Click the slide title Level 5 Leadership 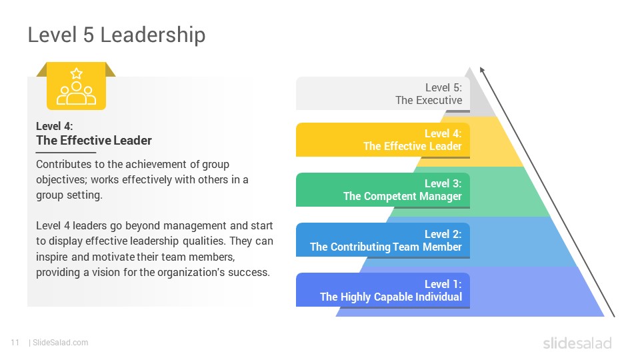[117, 35]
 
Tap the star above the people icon [76, 73]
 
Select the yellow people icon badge [76, 86]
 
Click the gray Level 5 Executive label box [383, 94]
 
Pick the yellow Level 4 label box [383, 140]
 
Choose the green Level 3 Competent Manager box [383, 190]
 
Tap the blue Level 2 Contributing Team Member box [383, 241]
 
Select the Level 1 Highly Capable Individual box [383, 290]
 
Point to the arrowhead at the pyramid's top [482, 70]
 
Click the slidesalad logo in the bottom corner [577, 343]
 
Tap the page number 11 [15, 343]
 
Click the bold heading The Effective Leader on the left [94, 141]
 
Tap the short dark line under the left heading [66, 153]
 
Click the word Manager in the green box [441, 196]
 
